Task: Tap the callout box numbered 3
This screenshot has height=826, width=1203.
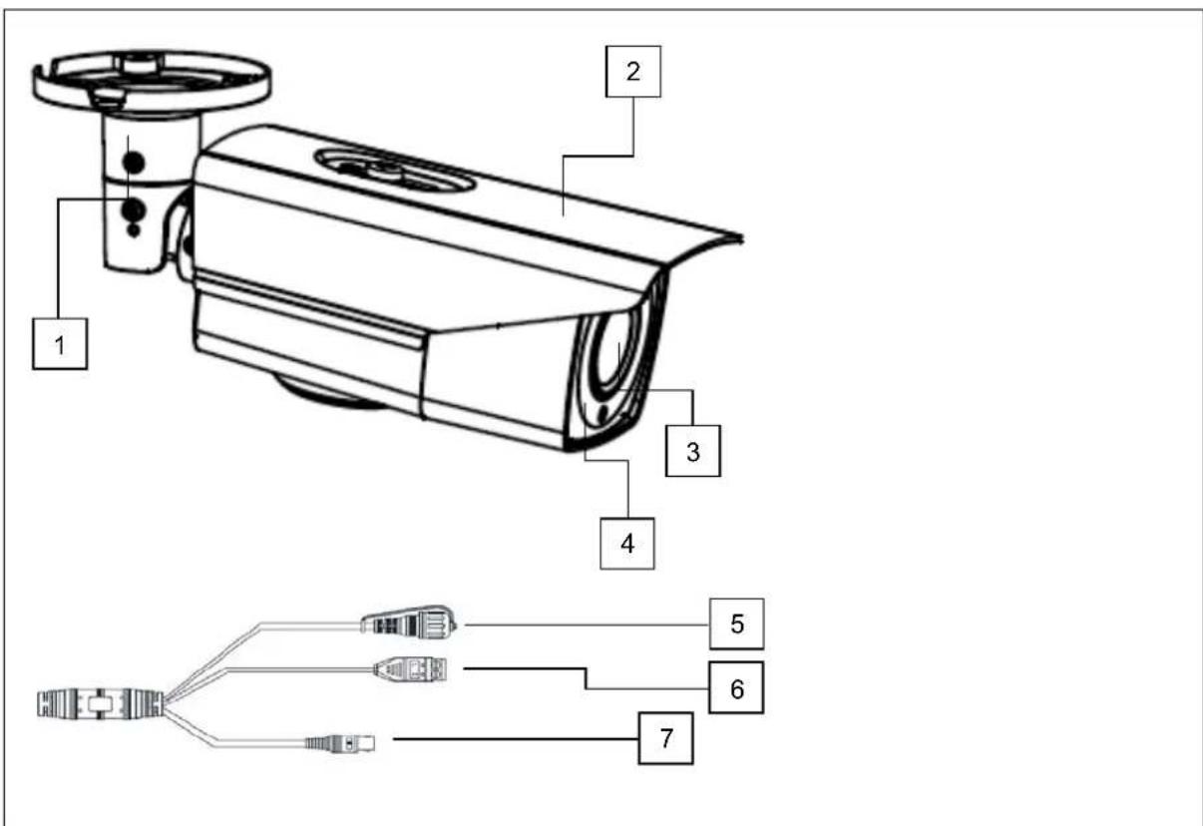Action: (x=692, y=450)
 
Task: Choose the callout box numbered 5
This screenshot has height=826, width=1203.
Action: (x=736, y=624)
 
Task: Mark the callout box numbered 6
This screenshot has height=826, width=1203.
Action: (x=736, y=687)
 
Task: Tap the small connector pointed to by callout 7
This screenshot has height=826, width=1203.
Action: (x=344, y=743)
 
